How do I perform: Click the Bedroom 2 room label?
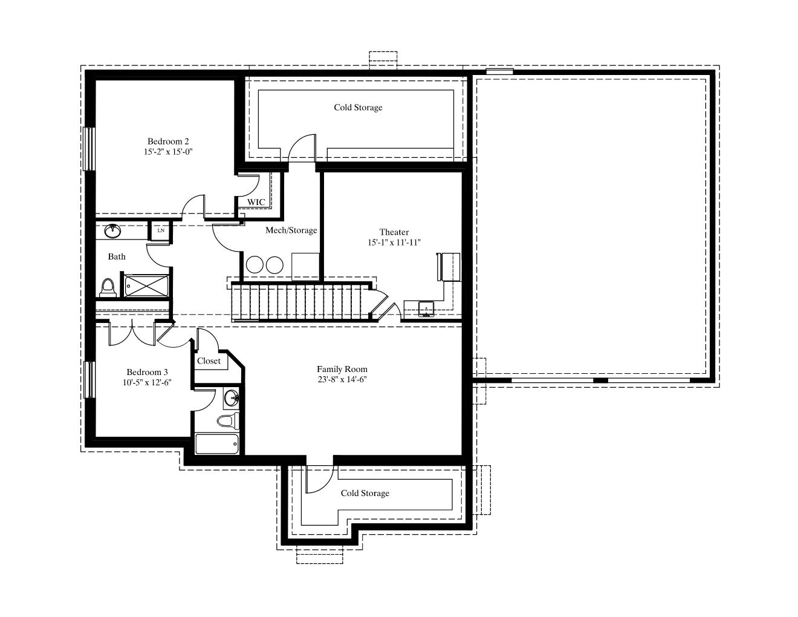(x=168, y=141)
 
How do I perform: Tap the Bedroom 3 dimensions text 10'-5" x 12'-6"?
(x=147, y=382)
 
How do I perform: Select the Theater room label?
(x=394, y=232)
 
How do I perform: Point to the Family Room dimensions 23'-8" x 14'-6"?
(x=342, y=379)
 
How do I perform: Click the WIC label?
(x=256, y=202)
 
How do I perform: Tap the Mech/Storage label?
(x=291, y=230)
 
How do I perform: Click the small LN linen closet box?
(x=160, y=230)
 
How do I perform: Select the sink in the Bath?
(x=112, y=231)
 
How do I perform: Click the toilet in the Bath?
(x=108, y=288)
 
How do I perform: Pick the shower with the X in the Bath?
(x=146, y=286)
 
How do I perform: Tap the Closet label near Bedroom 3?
(x=209, y=361)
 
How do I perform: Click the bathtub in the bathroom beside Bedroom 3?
(x=216, y=444)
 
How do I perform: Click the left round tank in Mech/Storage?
(x=255, y=264)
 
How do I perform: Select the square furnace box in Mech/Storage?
(x=305, y=266)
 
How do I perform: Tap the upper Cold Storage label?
(x=358, y=107)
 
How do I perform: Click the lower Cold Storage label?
(x=365, y=493)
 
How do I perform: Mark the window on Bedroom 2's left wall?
(x=89, y=149)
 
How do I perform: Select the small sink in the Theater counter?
(x=426, y=308)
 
